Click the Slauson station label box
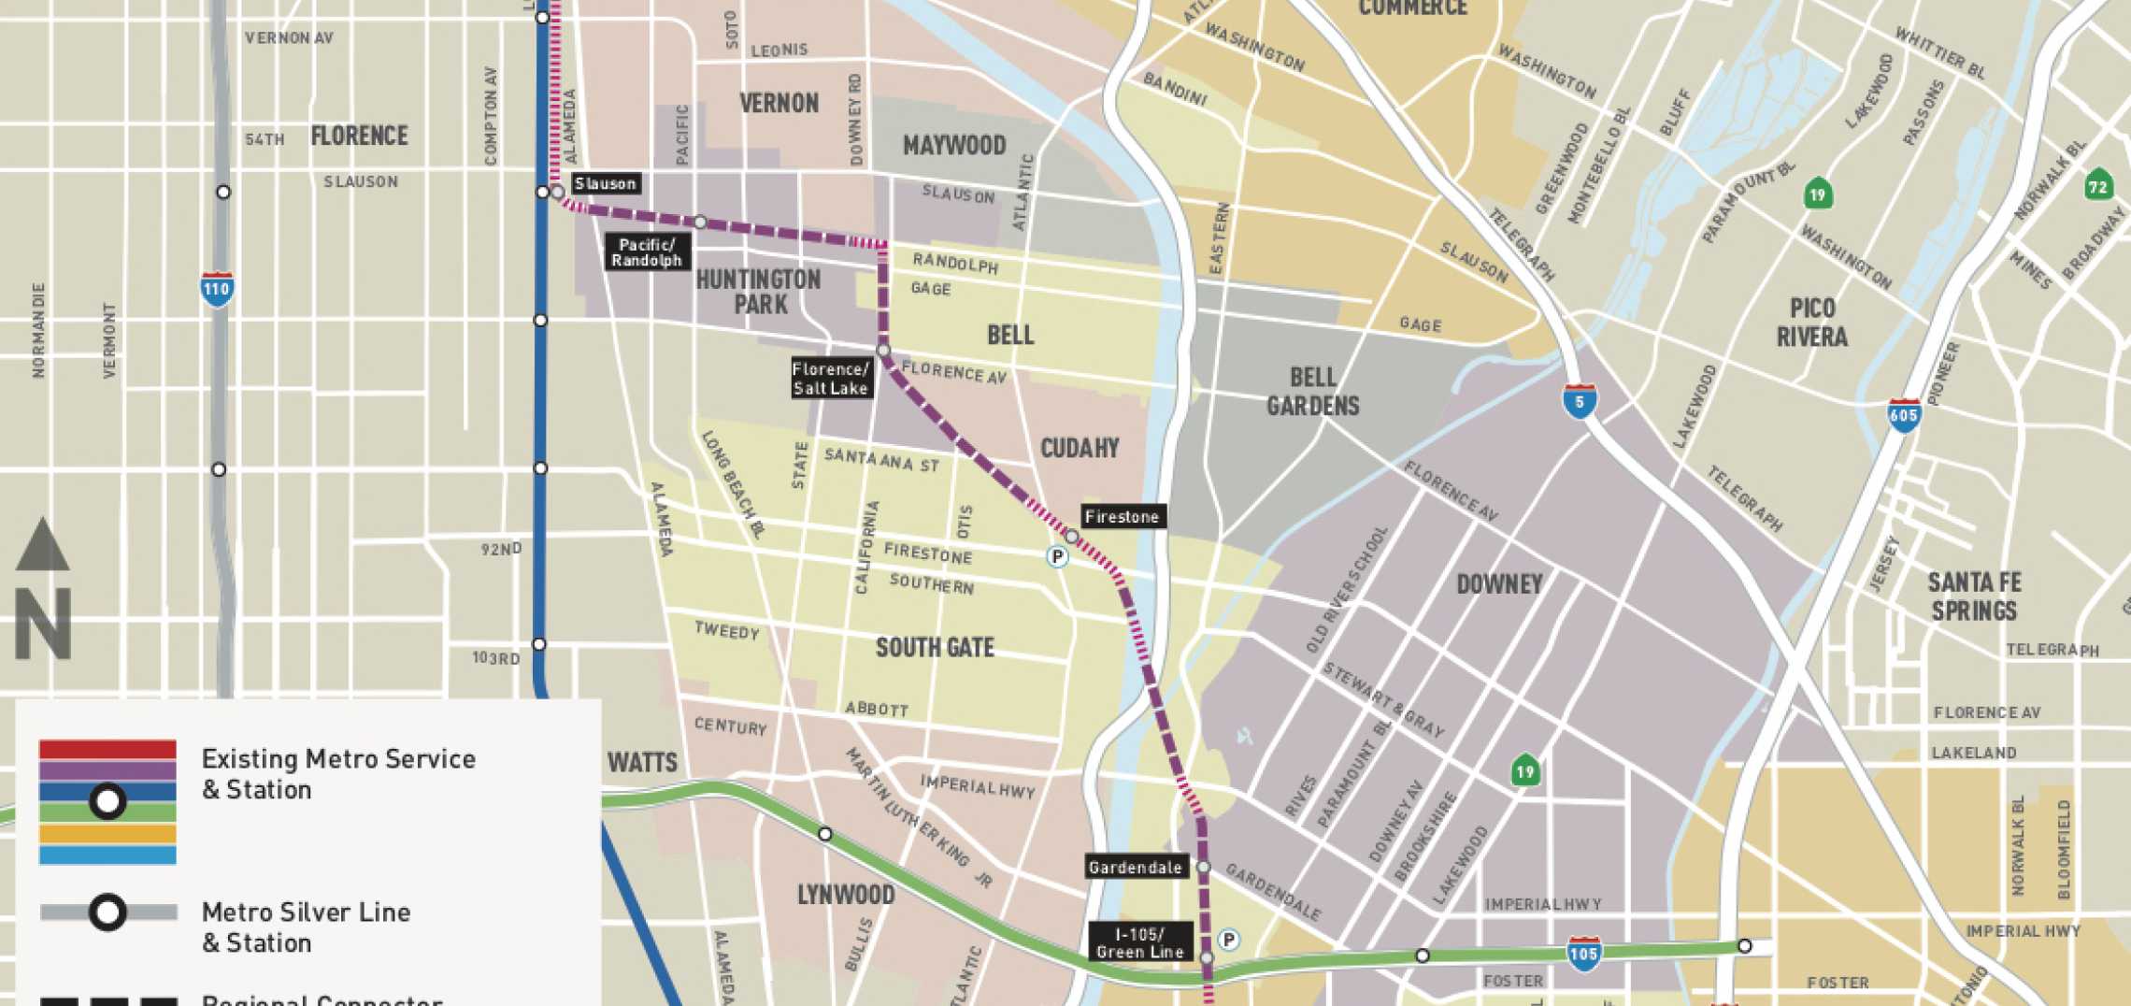click(606, 183)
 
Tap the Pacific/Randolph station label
click(647, 252)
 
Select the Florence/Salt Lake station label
click(831, 379)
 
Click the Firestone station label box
click(1123, 517)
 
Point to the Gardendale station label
click(1136, 868)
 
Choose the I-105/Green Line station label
click(1140, 942)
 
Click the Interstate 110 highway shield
click(217, 288)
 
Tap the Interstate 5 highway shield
click(1580, 401)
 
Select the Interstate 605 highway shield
click(1904, 415)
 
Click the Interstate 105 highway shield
click(1583, 954)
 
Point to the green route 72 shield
click(2098, 185)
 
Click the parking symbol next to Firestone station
click(1057, 557)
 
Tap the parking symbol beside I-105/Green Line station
click(1229, 940)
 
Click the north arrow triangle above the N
click(42, 547)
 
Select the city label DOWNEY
click(1499, 584)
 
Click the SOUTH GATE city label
click(935, 647)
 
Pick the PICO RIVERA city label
click(1812, 323)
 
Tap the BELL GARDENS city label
click(1312, 391)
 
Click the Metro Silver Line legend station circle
click(107, 912)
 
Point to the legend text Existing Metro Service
click(338, 759)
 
